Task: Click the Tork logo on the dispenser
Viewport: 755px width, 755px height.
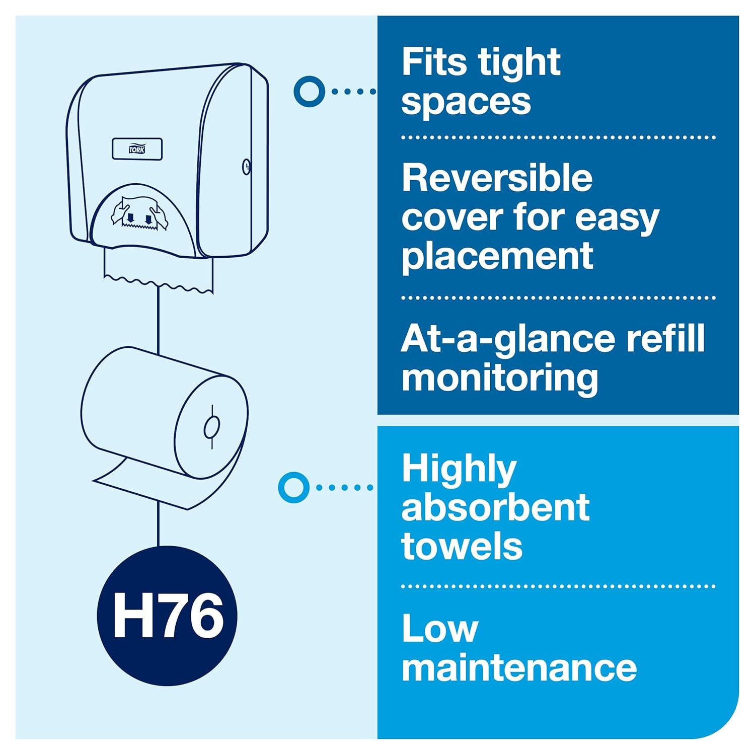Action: (136, 149)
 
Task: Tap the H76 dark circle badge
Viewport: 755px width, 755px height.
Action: (167, 615)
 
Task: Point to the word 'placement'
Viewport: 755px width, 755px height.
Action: (497, 256)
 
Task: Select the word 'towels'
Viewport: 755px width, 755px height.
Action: (462, 546)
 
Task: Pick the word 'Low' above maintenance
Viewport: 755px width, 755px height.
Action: (439, 629)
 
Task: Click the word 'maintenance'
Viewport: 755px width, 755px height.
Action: (519, 668)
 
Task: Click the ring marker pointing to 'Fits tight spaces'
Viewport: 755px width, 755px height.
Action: (309, 91)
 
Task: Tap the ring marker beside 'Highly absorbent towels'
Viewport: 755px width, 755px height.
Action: (293, 487)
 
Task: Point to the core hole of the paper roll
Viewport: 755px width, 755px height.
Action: (212, 427)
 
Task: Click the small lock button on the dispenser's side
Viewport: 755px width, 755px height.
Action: (246, 167)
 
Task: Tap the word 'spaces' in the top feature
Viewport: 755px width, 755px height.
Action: (466, 101)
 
